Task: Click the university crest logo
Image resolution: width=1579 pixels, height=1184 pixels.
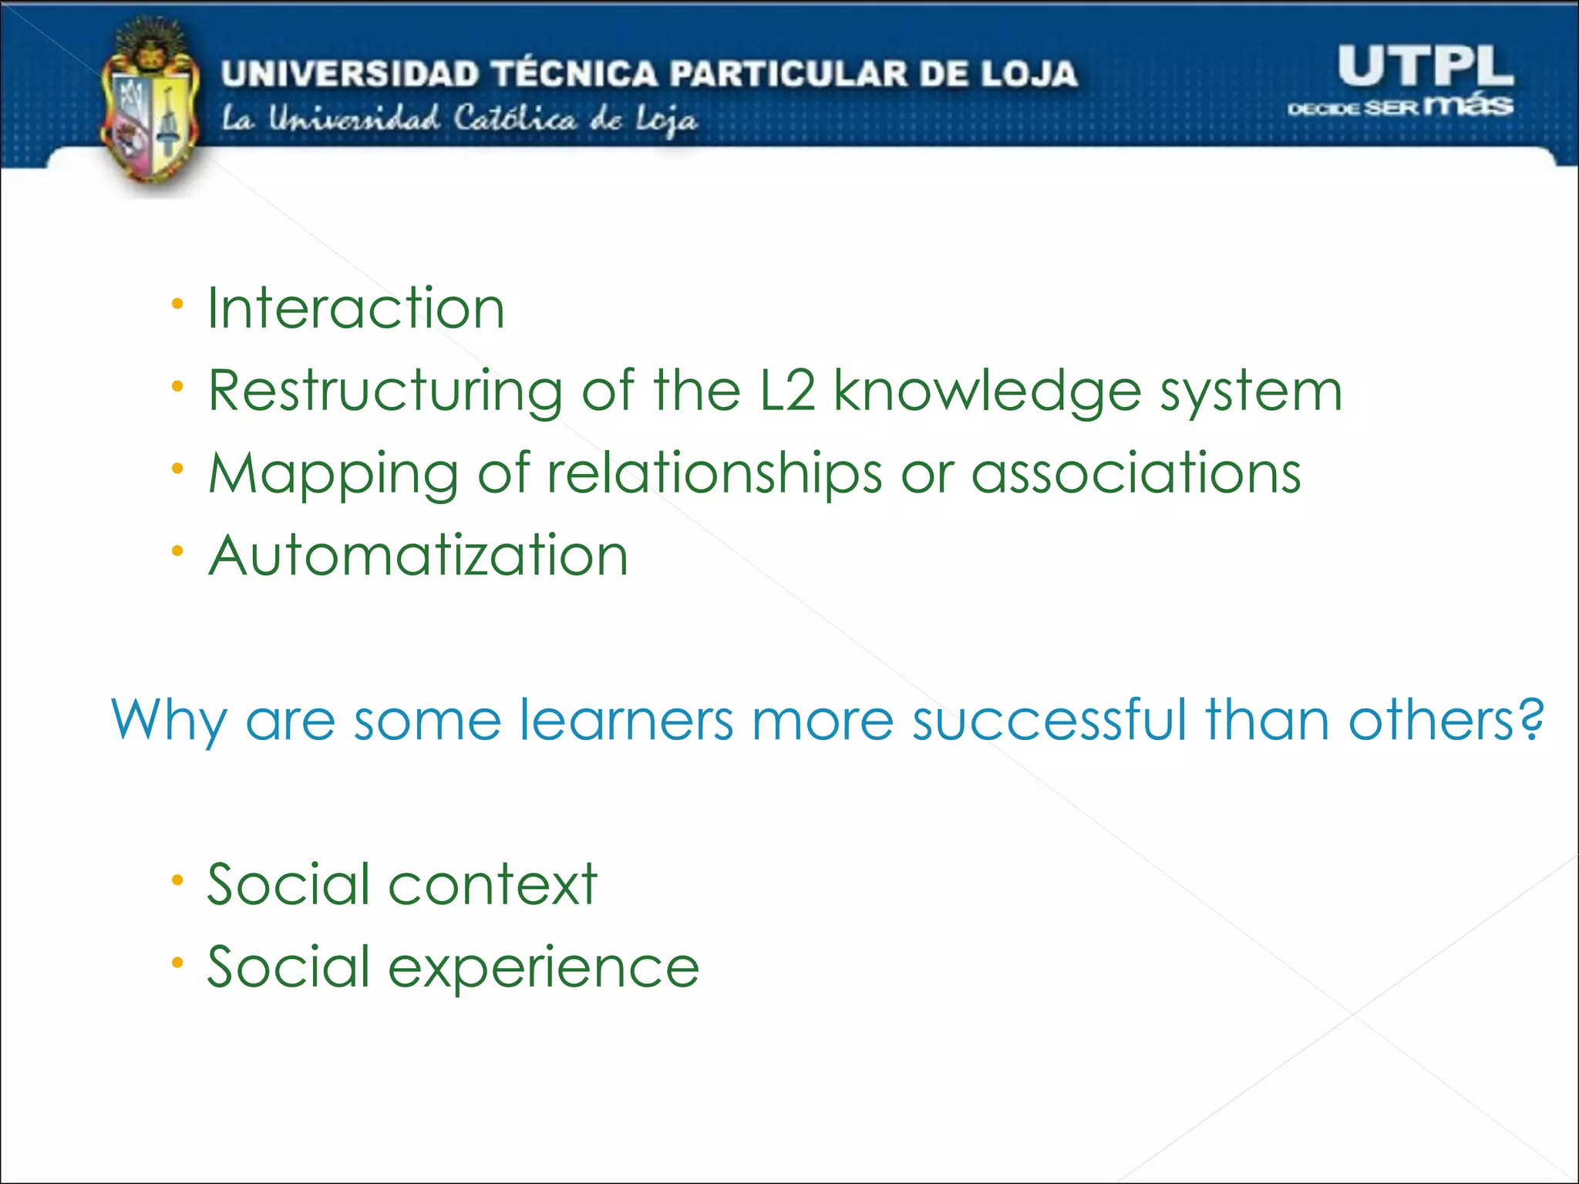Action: coord(150,104)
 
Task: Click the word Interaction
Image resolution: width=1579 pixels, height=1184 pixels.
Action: coord(356,308)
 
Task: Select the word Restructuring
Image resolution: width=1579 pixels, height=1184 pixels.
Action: coord(385,392)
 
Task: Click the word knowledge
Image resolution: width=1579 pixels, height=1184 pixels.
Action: coord(987,392)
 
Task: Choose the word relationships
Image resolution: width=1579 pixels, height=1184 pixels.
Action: coord(714,474)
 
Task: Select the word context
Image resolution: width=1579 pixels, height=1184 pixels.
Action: coord(493,884)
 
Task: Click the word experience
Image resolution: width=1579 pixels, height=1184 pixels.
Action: coord(544,967)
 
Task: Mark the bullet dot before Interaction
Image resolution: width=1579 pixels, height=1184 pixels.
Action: coord(178,304)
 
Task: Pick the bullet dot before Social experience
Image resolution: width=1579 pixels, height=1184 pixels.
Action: coord(178,962)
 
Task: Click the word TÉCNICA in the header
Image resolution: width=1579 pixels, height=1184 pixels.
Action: coord(575,74)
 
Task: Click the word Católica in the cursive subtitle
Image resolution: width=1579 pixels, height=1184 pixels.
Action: coord(514,119)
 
